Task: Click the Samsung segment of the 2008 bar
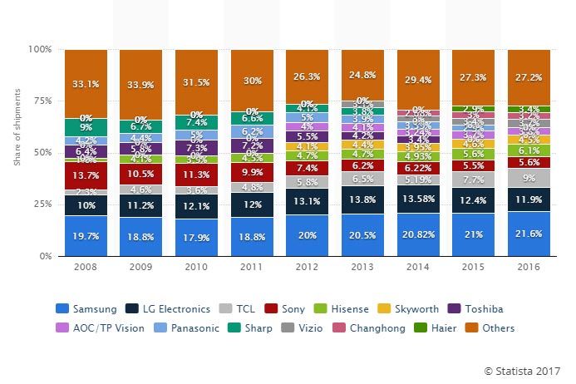coord(86,235)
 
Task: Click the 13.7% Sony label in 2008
coord(86,176)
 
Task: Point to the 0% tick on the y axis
coord(45,257)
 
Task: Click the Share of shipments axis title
coord(17,153)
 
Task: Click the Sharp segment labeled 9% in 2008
coord(86,128)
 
